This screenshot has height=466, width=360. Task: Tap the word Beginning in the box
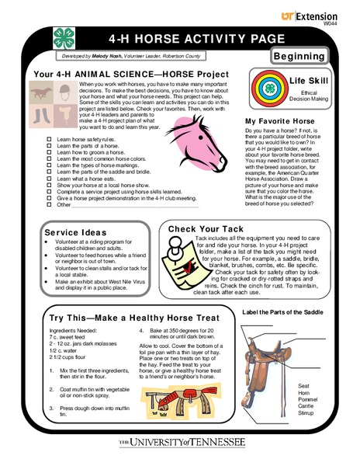(305, 57)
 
